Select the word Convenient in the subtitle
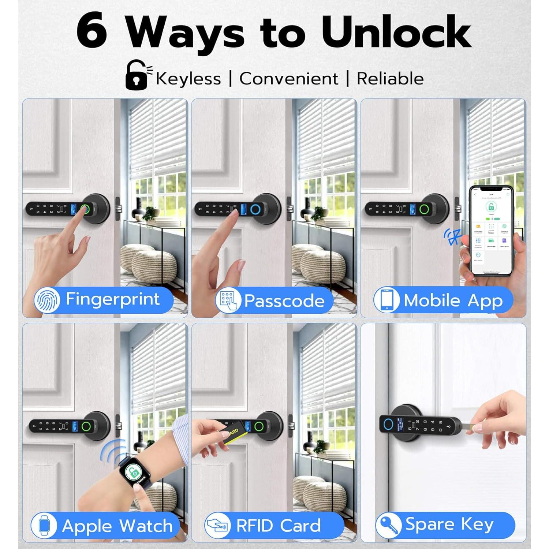click(x=289, y=79)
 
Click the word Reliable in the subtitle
click(x=390, y=79)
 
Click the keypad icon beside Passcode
click(x=228, y=300)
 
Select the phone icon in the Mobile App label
click(x=386, y=300)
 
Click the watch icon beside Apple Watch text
click(x=44, y=526)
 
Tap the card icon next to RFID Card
click(x=217, y=526)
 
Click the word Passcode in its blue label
click(x=284, y=301)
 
